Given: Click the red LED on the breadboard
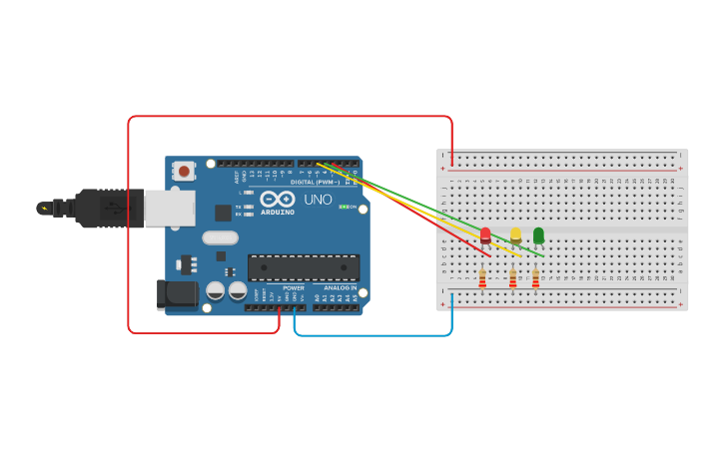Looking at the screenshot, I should [485, 235].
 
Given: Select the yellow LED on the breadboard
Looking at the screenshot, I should [515, 235].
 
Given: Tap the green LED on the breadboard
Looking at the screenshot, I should [538, 235].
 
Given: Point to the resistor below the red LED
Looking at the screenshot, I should [482, 278].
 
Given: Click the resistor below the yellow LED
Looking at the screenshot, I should [512, 278].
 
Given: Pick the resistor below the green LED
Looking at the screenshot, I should [535, 278].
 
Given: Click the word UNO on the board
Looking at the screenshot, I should [318, 200].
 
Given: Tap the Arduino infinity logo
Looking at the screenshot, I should [278, 199].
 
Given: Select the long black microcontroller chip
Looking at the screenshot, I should [304, 267].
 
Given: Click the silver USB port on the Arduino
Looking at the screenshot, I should [169, 208].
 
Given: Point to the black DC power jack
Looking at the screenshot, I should [177, 293].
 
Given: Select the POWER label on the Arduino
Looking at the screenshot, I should [294, 288].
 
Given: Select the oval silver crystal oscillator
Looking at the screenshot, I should [220, 237].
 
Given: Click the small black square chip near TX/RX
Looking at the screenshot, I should [223, 213].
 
